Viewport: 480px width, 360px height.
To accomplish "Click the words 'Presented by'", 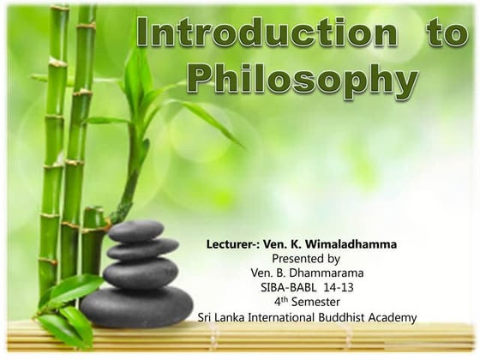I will [x=305, y=258].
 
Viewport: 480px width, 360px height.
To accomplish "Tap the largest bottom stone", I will [x=136, y=305].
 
